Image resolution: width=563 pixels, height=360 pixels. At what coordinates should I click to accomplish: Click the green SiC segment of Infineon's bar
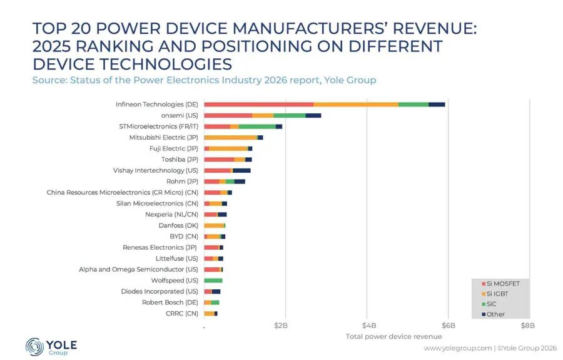coord(413,105)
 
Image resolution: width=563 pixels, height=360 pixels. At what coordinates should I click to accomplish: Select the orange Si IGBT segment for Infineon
coord(356,105)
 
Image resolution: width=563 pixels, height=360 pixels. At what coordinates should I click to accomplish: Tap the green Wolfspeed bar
coord(213,280)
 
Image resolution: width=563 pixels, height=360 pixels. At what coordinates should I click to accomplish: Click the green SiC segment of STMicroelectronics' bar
coord(257,126)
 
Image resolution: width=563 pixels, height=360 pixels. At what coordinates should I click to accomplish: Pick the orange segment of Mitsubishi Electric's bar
coord(231,138)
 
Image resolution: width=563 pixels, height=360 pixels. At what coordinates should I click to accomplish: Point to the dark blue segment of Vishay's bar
coord(241,171)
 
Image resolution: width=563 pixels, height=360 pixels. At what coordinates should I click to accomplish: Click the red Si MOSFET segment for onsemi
coord(228,116)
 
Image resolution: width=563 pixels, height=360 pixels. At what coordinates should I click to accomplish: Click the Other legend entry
coord(493,314)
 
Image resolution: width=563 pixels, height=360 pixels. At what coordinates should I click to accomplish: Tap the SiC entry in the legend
coord(489,304)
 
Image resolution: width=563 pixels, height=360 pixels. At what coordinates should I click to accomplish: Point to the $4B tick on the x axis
coord(368,326)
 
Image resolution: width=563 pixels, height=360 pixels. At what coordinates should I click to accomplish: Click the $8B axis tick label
coord(528,326)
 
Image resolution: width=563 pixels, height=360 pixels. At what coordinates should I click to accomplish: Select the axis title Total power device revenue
coord(393,337)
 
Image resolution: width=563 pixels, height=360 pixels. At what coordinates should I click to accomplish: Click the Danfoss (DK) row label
coord(178,225)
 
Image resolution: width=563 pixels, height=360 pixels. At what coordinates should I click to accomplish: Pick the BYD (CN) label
coord(184,237)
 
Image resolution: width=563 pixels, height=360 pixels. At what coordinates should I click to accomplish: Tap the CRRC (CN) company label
coord(181,314)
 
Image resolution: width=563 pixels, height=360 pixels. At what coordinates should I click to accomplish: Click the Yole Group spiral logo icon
coord(34,347)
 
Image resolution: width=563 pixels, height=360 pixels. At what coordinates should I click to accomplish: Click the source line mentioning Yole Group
coord(204,80)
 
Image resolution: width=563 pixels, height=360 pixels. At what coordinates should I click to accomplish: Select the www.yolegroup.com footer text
coord(458,347)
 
